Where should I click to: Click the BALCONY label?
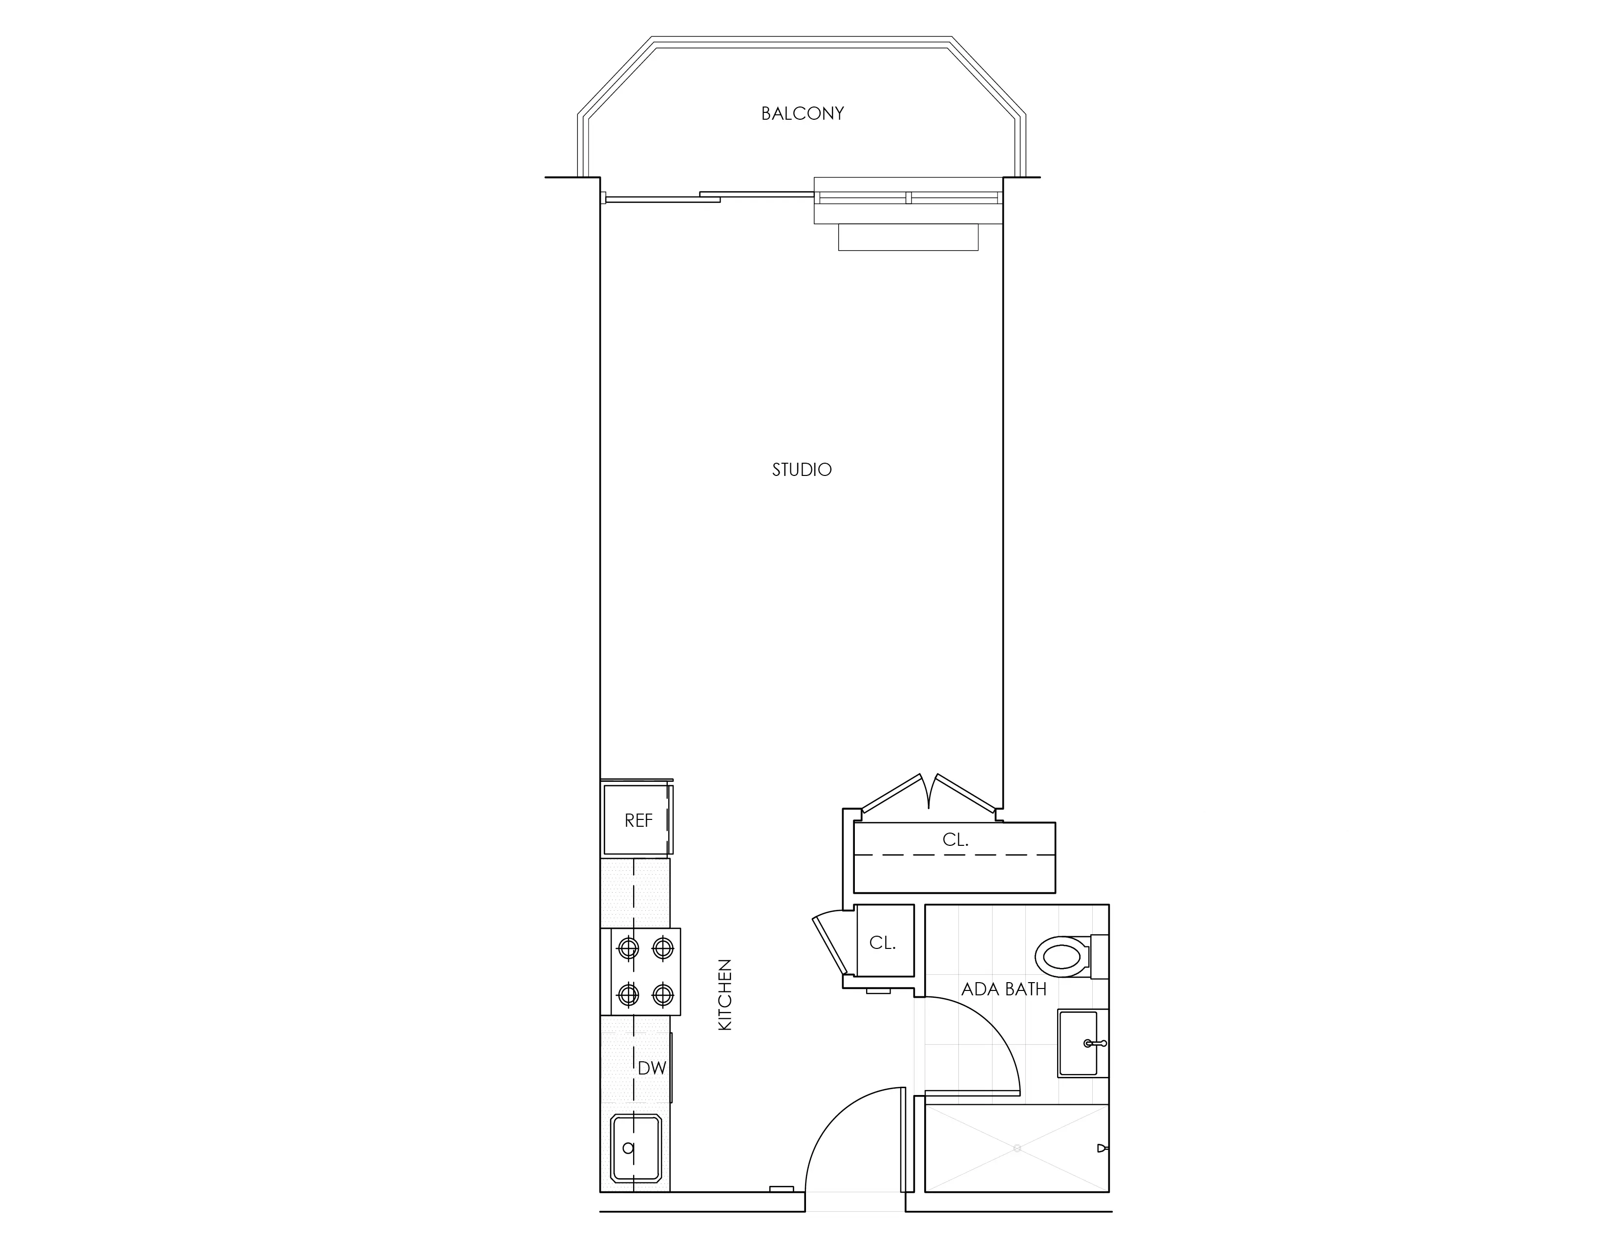coord(802,114)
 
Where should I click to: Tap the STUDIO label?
coord(802,470)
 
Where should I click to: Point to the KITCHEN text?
coord(725,994)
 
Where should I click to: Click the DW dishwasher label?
coord(652,1067)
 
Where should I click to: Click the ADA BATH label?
coord(1004,989)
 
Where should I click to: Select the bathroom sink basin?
coord(1079,1043)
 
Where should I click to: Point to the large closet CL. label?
coord(955,839)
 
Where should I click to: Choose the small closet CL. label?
coord(882,943)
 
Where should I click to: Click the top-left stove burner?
coord(628,947)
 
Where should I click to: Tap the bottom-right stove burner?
coord(663,995)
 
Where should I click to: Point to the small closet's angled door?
coord(829,944)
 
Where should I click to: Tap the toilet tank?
coord(1100,957)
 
